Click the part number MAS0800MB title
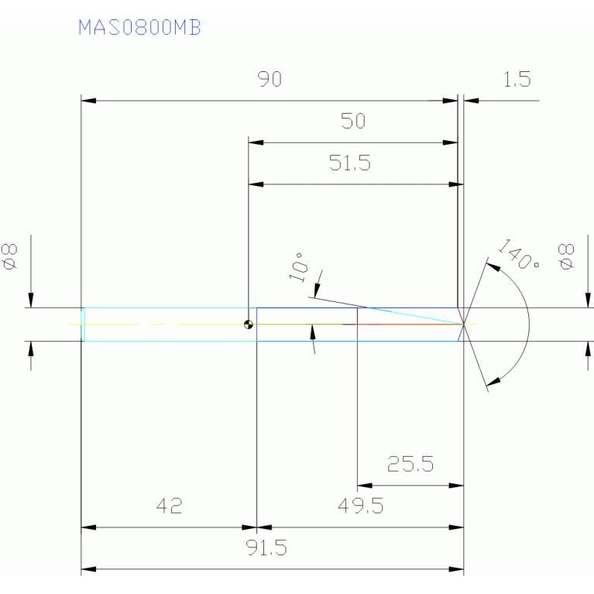coord(139,27)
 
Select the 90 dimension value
coord(270,80)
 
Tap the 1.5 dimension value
coord(517,80)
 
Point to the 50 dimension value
coord(352,122)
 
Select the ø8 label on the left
coord(11,256)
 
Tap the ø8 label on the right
coord(567,256)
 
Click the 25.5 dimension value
coord(410,465)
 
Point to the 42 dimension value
coord(169,506)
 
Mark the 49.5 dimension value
coord(360,506)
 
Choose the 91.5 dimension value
coord(267,548)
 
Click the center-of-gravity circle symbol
coord(248,324)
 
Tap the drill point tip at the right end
coord(464,324)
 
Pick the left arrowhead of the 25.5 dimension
coord(363,486)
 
